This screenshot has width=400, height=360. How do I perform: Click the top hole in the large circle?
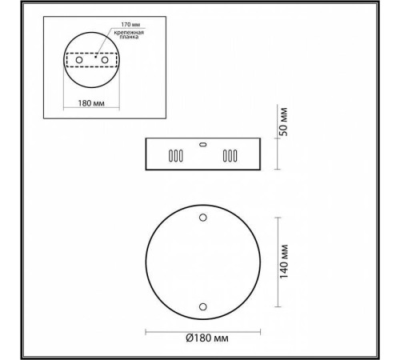(202, 218)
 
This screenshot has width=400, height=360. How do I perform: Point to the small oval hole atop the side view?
(202, 144)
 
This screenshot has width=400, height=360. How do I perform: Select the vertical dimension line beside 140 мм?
(277, 262)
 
